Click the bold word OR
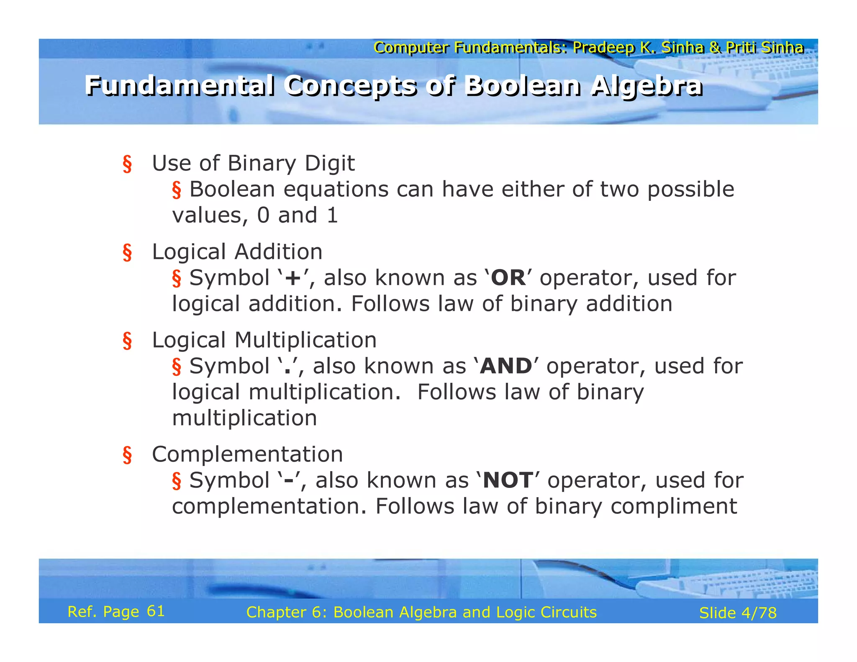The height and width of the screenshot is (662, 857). click(x=508, y=278)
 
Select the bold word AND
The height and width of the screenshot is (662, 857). click(x=506, y=367)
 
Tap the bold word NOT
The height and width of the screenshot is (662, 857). click(x=508, y=480)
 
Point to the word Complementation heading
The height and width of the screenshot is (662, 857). click(x=247, y=454)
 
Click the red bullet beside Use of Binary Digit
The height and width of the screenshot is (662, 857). click(x=127, y=164)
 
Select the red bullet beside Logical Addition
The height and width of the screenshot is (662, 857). click(x=127, y=253)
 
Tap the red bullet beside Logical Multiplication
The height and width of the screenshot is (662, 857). click(x=127, y=341)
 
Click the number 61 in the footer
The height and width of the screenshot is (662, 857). click(x=156, y=611)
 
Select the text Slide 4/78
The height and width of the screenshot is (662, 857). click(x=738, y=613)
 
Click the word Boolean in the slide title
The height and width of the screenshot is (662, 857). click(x=523, y=86)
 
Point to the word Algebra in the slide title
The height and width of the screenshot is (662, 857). click(x=647, y=87)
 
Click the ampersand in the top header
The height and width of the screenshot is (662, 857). click(x=715, y=48)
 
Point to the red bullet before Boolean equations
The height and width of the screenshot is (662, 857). click(x=177, y=190)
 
